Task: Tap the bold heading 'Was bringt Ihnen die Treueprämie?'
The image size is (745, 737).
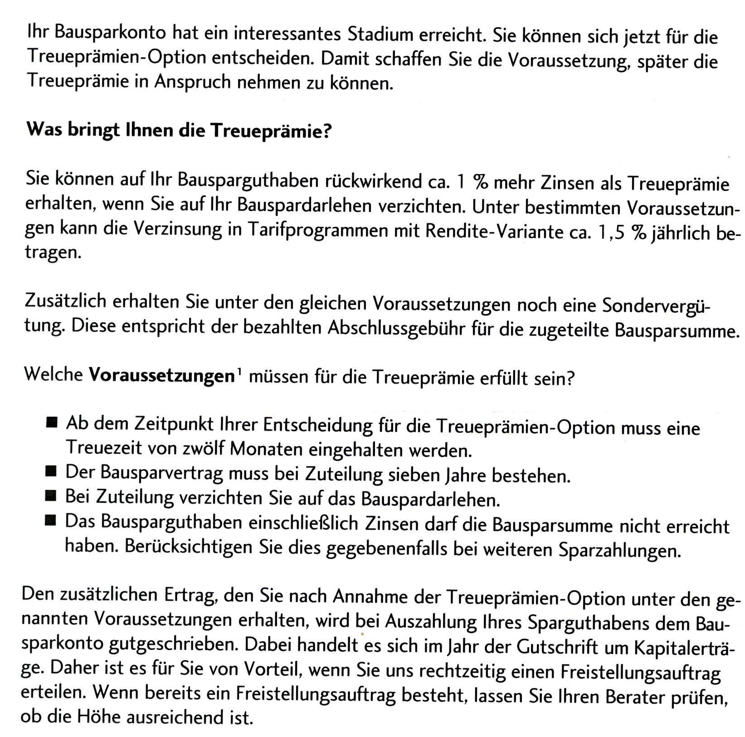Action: [x=179, y=131]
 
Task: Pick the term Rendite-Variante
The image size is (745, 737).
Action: [x=492, y=232]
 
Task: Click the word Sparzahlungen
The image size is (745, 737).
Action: [x=619, y=550]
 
